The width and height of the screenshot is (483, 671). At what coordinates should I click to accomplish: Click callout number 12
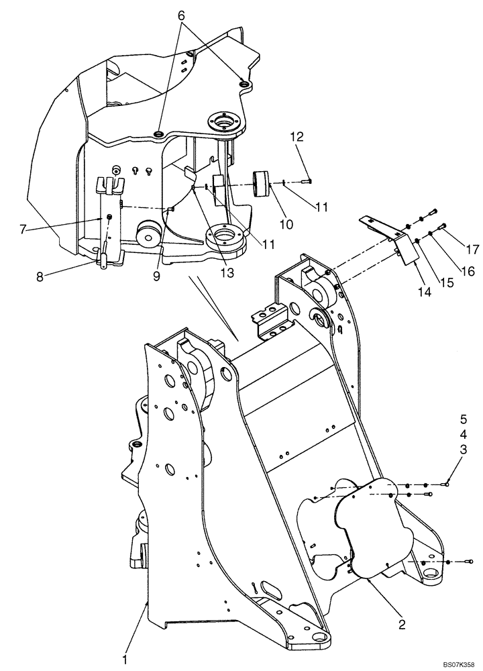pyautogui.click(x=297, y=137)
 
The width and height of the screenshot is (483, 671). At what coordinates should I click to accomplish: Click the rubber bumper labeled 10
pyautogui.click(x=262, y=183)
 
